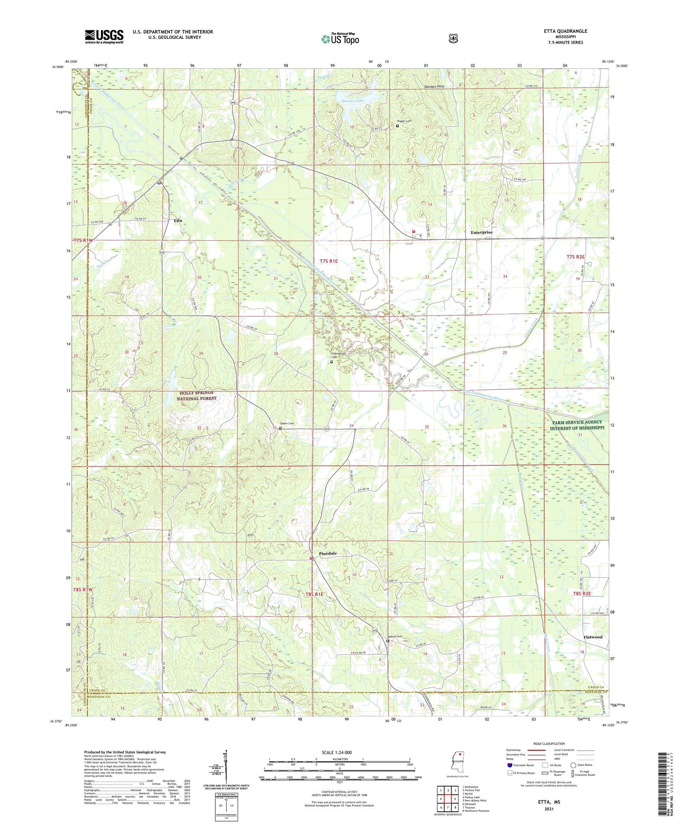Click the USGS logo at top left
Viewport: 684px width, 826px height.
point(104,36)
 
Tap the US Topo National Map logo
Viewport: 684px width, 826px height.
point(340,39)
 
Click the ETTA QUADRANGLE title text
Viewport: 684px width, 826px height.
point(565,31)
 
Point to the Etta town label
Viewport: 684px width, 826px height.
point(178,221)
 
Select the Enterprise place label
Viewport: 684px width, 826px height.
point(481,232)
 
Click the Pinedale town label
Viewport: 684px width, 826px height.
point(328,554)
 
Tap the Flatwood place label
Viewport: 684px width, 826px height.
point(593,637)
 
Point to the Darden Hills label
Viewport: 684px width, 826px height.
point(434,87)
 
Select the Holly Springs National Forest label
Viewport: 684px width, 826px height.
point(196,395)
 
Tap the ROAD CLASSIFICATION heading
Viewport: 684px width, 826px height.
point(549,744)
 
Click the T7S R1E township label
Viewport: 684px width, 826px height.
point(329,261)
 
